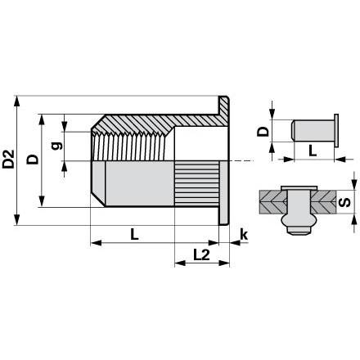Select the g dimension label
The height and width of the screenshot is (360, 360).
tap(56, 146)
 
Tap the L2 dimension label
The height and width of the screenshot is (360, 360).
tap(201, 254)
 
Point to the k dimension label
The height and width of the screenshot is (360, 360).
tap(244, 235)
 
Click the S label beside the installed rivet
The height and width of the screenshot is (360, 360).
tap(345, 202)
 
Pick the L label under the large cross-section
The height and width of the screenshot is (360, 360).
tap(134, 234)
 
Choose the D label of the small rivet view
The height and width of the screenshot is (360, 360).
tap(263, 132)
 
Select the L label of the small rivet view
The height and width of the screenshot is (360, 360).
tap(313, 151)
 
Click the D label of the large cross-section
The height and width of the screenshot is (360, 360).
tap(33, 160)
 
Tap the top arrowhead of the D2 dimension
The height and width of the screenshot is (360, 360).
tap(17, 101)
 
